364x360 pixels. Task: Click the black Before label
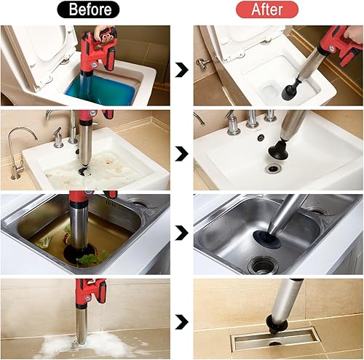coord(90,9)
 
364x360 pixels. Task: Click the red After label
coord(266,9)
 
